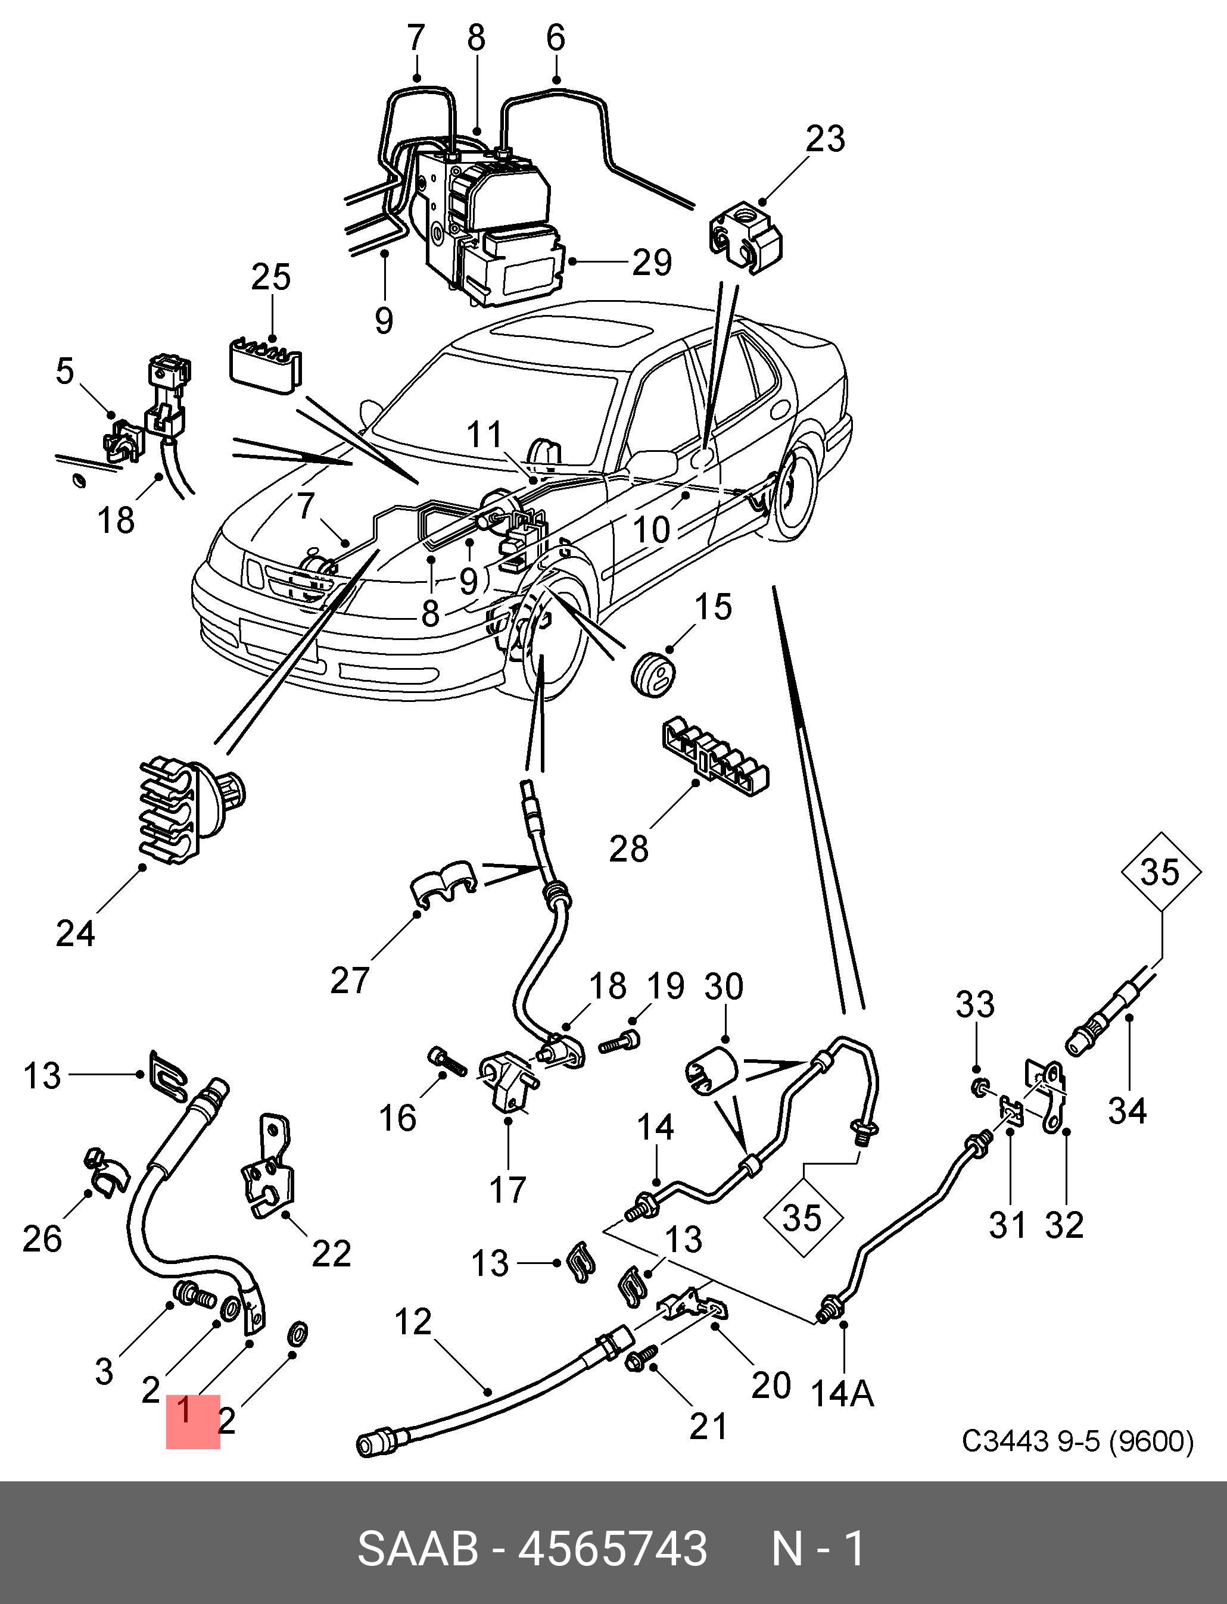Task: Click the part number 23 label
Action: (x=826, y=139)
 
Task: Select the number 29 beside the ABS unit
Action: (x=652, y=262)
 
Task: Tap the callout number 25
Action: (x=271, y=277)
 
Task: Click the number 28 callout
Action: (x=629, y=849)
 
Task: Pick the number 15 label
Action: (x=713, y=607)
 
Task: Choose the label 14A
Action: (x=842, y=1394)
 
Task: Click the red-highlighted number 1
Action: (x=185, y=1410)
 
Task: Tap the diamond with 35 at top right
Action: (x=1160, y=872)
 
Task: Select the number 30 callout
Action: (x=723, y=987)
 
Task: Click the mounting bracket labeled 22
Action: (x=269, y=1176)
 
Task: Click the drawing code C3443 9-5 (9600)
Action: (x=1077, y=1441)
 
